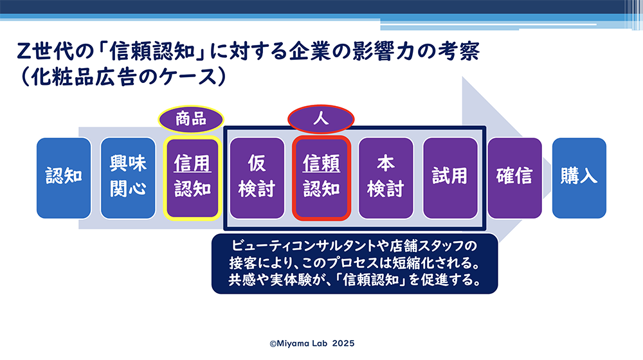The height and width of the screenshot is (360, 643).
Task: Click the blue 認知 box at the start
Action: [64, 178]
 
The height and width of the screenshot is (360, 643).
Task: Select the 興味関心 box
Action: [128, 178]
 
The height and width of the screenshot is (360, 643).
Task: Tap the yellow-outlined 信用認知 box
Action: [192, 178]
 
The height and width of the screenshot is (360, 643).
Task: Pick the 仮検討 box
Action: [257, 178]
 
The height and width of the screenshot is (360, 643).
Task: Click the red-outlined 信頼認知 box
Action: [321, 178]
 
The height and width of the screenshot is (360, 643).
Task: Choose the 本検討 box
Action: [386, 178]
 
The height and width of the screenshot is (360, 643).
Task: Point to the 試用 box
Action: [450, 178]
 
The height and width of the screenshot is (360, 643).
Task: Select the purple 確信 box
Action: [514, 178]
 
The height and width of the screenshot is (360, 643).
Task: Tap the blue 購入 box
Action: [579, 178]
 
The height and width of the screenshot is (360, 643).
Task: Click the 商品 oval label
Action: [191, 120]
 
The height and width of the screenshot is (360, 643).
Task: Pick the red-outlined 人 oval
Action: [321, 120]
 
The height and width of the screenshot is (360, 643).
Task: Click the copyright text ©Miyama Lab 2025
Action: [312, 343]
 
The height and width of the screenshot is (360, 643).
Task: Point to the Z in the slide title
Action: [24, 51]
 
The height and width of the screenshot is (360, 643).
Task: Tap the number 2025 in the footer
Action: [343, 343]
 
